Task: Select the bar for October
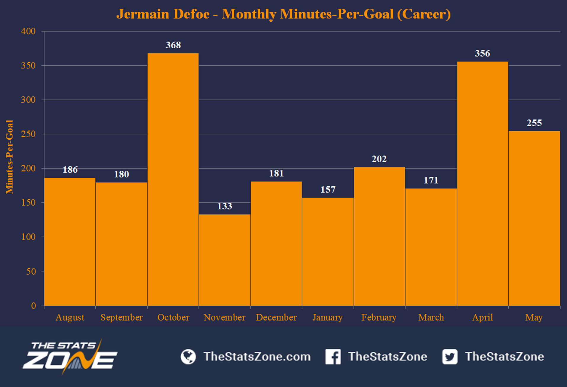click(173, 179)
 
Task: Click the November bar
click(225, 260)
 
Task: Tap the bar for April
click(483, 184)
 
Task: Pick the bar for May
click(534, 218)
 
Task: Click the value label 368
click(173, 45)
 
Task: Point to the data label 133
click(225, 206)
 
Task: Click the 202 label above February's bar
click(379, 159)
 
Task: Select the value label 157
click(328, 189)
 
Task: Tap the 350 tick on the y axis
click(28, 66)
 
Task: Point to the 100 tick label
click(28, 237)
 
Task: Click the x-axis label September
click(121, 317)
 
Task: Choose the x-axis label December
click(276, 317)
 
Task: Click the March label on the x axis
click(431, 317)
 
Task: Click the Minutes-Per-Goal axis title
click(10, 157)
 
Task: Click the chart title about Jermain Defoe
click(283, 14)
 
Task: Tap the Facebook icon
click(333, 356)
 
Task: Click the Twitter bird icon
click(450, 356)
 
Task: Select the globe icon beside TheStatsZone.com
click(188, 356)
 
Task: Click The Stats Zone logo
click(70, 357)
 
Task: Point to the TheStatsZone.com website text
click(257, 356)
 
